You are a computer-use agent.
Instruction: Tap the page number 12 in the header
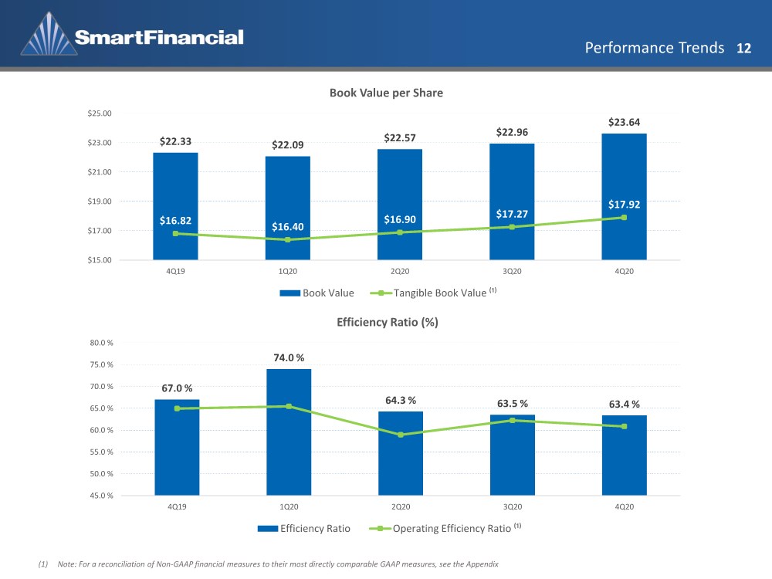pos(743,48)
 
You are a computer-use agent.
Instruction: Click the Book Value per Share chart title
pos(386,93)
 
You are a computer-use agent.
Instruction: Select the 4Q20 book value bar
pos(624,196)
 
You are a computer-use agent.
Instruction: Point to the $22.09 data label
pos(287,145)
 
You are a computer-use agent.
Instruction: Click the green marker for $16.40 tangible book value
pos(287,240)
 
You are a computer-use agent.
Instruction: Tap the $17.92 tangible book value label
pos(624,205)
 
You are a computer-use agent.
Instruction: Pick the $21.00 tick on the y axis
pos(100,172)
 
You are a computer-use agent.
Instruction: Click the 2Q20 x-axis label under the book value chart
pos(400,271)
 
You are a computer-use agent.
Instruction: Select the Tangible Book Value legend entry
pos(433,293)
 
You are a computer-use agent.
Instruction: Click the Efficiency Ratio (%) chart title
pos(388,322)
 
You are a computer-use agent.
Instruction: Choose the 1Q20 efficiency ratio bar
pos(289,432)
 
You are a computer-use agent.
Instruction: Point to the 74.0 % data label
pos(289,357)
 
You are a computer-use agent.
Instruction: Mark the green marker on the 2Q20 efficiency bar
pos(400,435)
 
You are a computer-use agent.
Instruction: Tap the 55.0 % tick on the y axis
pos(101,452)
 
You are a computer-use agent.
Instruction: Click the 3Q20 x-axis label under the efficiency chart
pos(513,506)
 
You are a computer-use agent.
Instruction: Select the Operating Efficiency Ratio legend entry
pos(445,528)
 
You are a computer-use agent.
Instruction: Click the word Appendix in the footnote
pos(482,564)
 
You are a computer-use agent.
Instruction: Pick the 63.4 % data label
pos(625,405)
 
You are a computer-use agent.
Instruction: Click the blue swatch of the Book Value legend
pos(289,293)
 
